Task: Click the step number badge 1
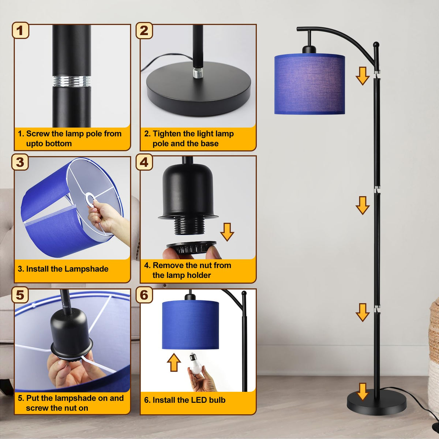click(20, 30)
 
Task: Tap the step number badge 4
click(144, 162)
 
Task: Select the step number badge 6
click(144, 295)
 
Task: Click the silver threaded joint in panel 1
click(72, 81)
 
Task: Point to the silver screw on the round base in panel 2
click(197, 73)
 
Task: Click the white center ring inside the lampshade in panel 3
click(90, 200)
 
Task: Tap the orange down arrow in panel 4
click(227, 232)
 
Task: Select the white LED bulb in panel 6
click(195, 363)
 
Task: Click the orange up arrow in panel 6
click(174, 362)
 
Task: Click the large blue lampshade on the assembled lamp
click(309, 84)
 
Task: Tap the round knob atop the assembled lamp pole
click(376, 45)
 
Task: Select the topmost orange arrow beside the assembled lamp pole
click(363, 76)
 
